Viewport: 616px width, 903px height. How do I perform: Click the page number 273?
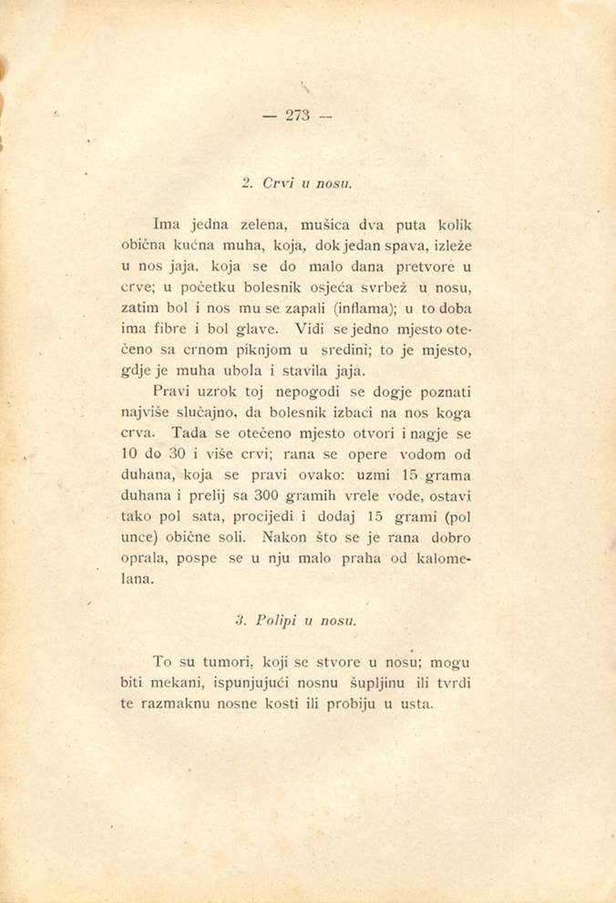297,115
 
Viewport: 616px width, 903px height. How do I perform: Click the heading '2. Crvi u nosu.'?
297,183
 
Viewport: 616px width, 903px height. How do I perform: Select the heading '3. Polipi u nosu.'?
297,621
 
